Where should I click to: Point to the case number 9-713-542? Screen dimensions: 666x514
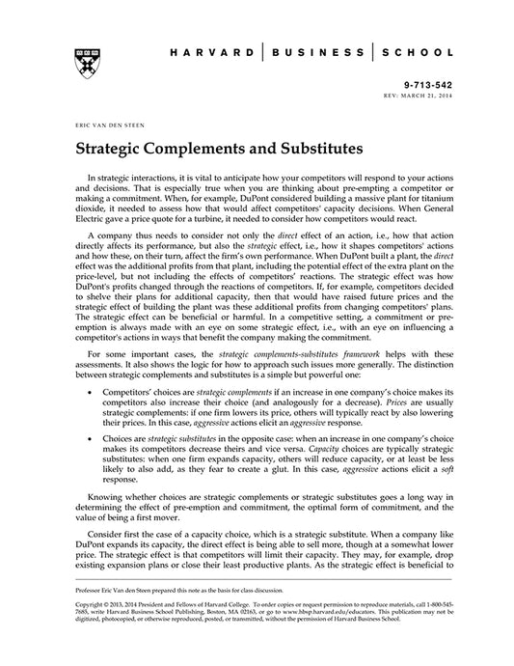(429, 86)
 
